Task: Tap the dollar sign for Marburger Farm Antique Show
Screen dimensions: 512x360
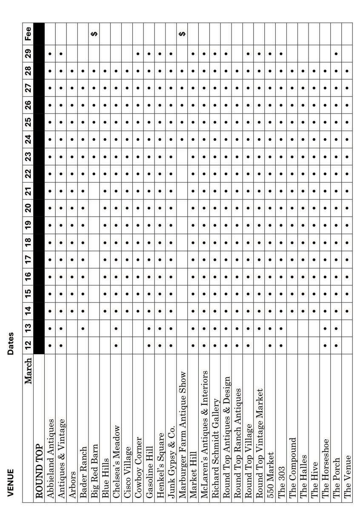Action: pyautogui.click(x=182, y=34)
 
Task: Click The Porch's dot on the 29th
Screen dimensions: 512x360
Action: pyautogui.click(x=337, y=54)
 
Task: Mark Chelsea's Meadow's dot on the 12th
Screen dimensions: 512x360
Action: pyautogui.click(x=116, y=345)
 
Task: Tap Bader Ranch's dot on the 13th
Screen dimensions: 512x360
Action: pyautogui.click(x=83, y=328)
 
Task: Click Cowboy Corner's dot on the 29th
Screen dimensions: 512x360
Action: pyautogui.click(x=138, y=54)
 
